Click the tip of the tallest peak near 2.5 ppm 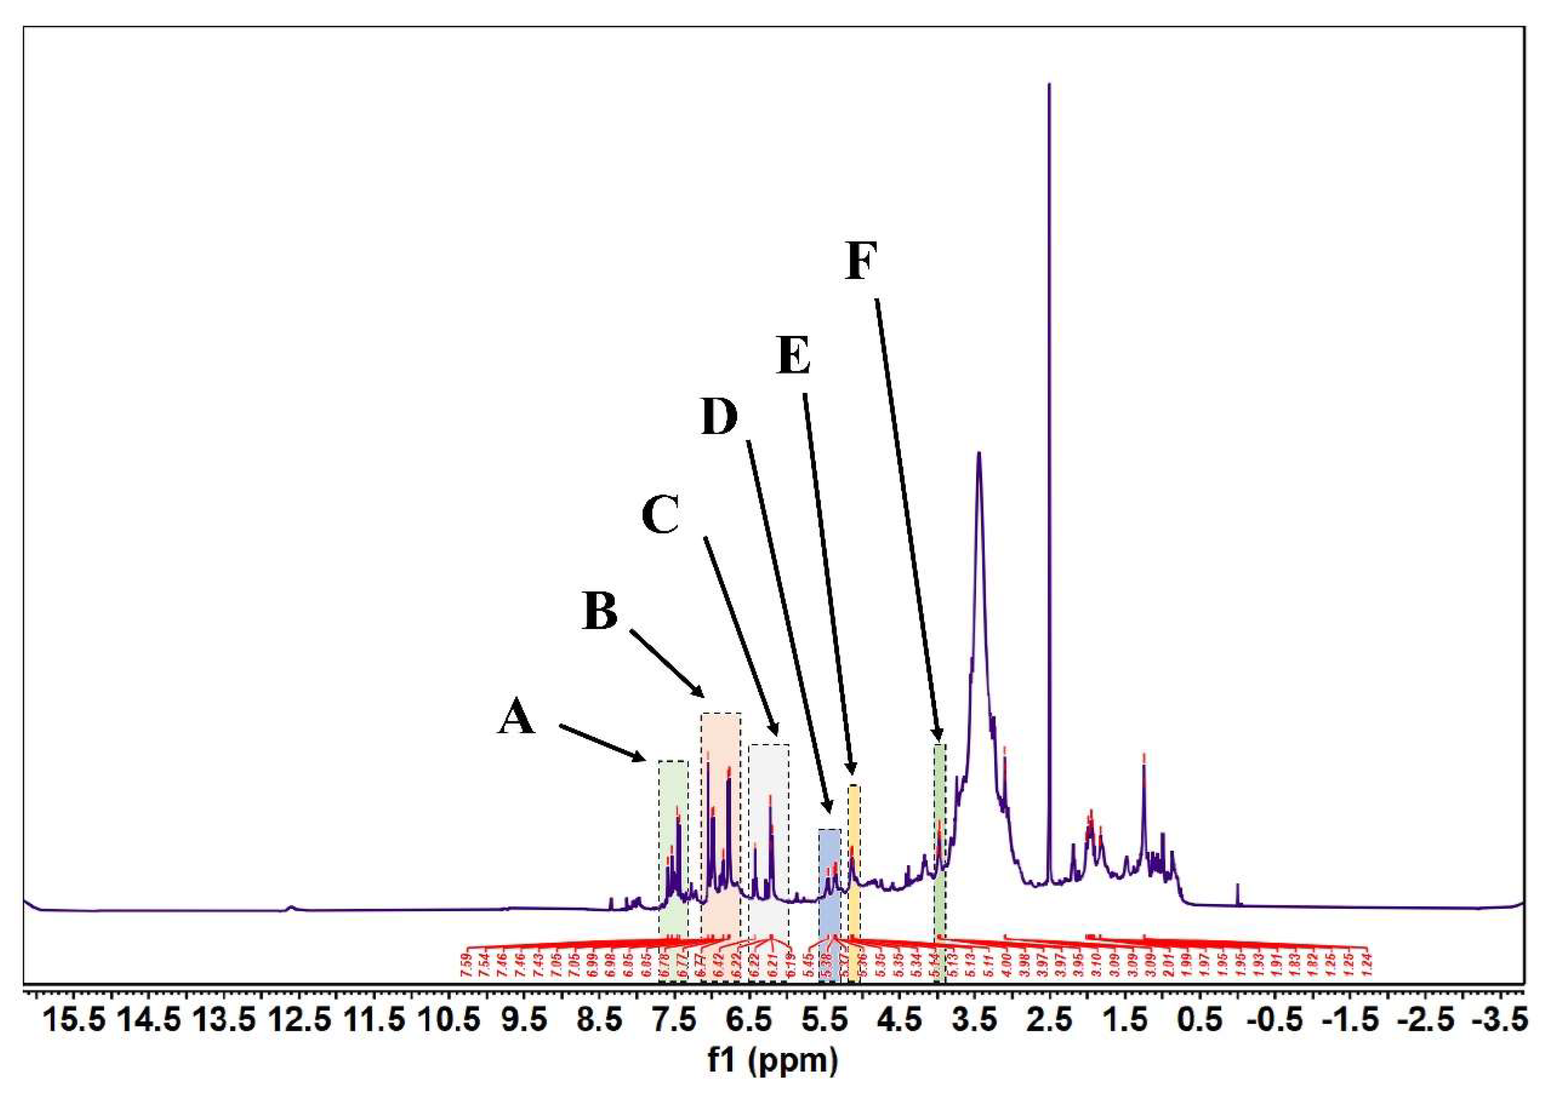[x=1049, y=85]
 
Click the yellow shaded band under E [x=853, y=877]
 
